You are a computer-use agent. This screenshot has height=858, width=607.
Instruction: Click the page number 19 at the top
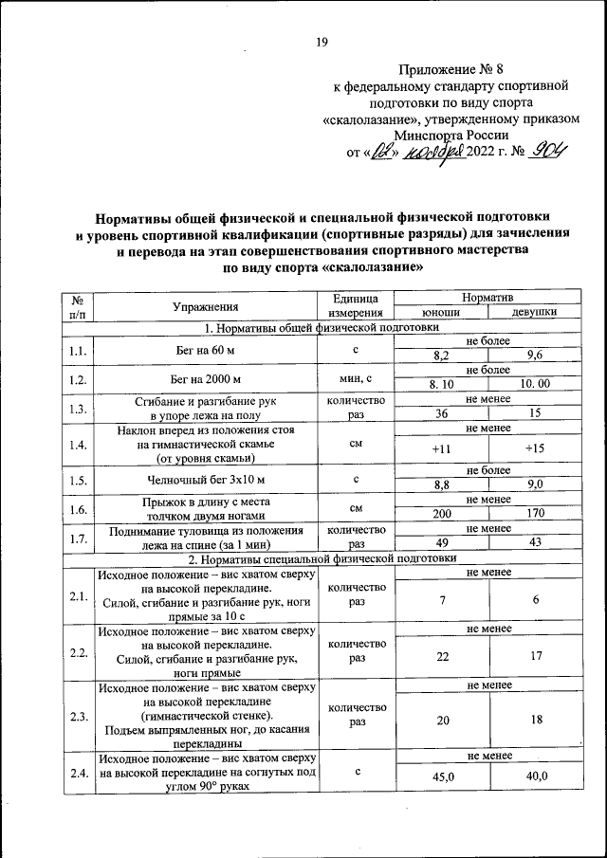pos(322,42)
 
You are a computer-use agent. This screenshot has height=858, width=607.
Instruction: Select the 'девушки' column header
pos(534,312)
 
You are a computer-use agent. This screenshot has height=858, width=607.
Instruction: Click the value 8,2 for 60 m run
pos(441,356)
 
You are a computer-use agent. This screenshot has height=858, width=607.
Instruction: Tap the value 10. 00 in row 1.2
pos(535,384)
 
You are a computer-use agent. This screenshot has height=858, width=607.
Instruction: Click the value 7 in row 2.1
pos(441,601)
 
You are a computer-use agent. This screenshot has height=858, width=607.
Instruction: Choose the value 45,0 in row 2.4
pos(441,776)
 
